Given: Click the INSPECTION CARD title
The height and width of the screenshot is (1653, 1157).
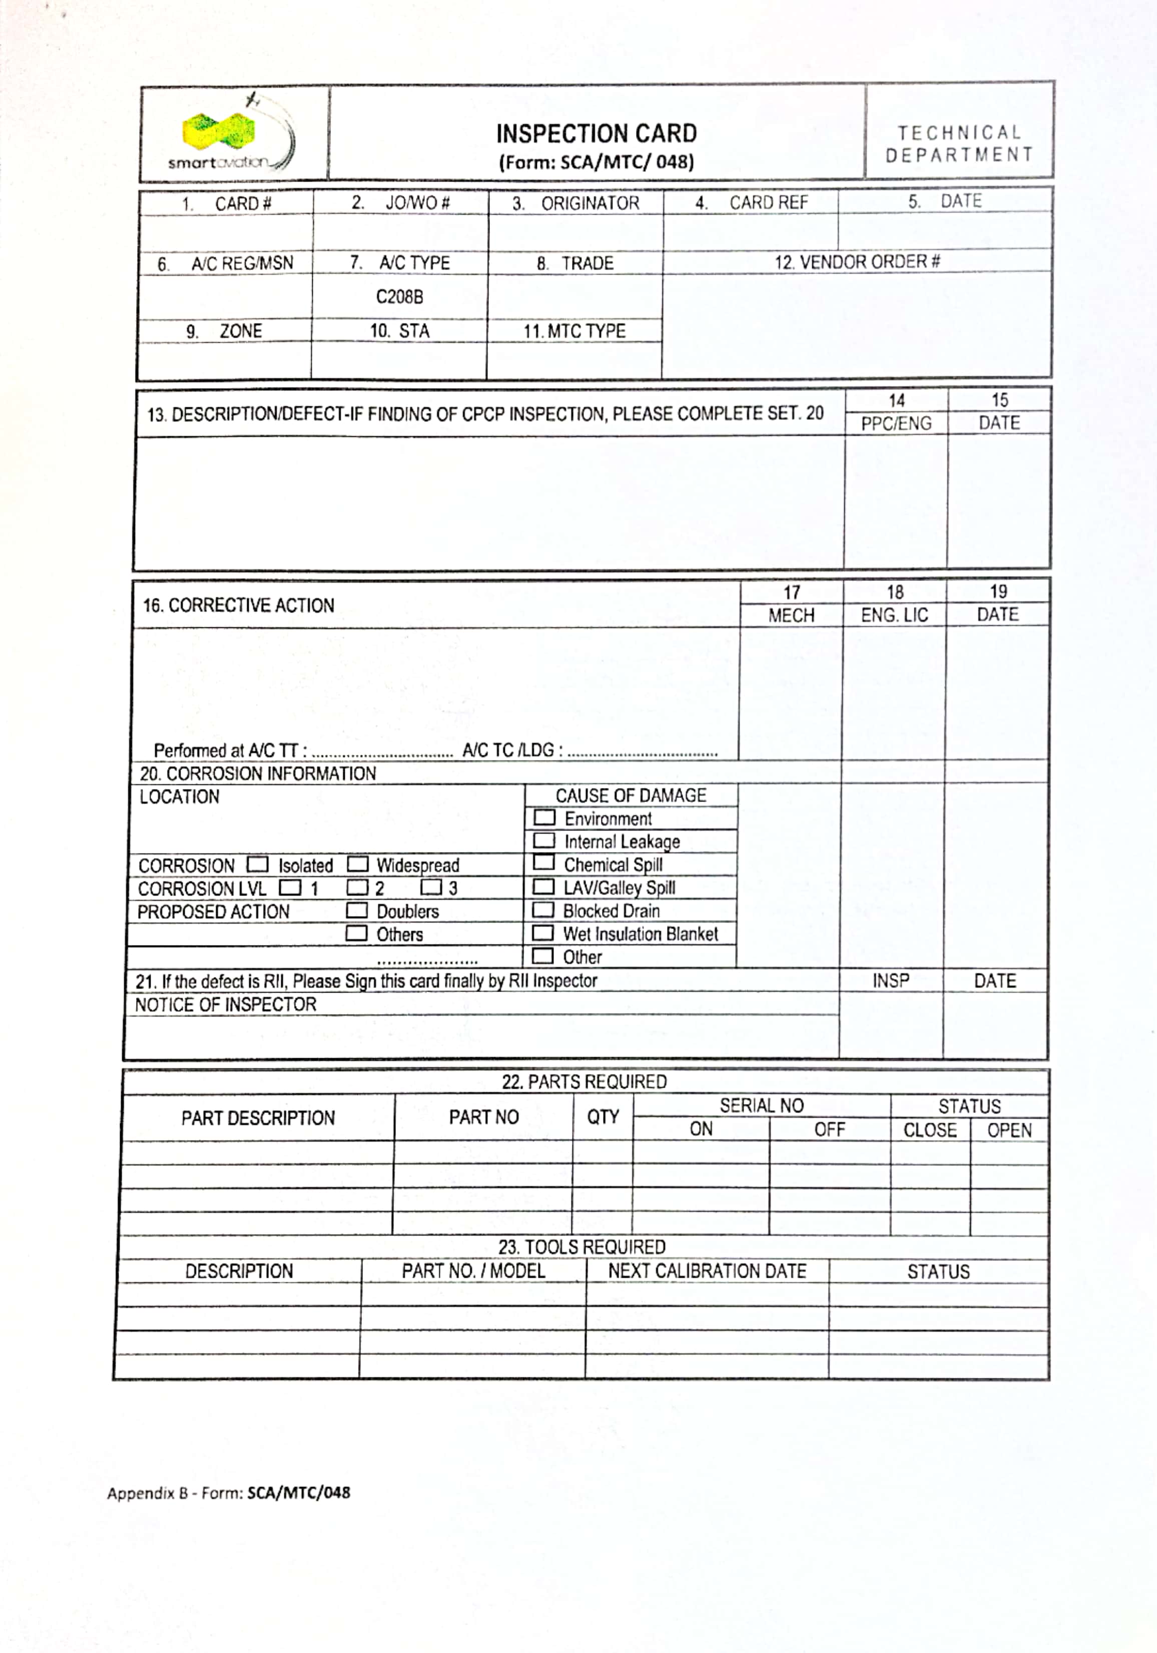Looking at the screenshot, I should (596, 134).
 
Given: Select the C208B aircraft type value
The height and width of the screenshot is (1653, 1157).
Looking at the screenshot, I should (399, 297).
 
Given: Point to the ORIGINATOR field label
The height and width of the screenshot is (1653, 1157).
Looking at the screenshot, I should (590, 204).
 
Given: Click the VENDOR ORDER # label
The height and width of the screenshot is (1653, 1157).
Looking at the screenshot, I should (857, 262).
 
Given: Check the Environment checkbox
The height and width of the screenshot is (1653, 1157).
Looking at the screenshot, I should (544, 818).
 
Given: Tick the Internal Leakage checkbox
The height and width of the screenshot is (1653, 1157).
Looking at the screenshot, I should (544, 841).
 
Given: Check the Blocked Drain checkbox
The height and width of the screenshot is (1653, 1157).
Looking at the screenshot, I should (543, 910).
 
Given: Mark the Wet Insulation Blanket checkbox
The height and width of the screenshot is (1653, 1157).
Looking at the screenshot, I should (543, 933).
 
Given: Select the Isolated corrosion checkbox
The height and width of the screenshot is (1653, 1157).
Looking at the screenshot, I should (257, 864).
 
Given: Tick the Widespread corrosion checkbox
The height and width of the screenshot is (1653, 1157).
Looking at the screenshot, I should (358, 864).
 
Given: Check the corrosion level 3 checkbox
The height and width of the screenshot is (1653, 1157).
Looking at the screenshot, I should (431, 887).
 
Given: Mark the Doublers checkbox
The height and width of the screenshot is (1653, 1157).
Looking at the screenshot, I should (356, 910).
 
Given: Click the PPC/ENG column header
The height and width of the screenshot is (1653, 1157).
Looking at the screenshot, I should (896, 423).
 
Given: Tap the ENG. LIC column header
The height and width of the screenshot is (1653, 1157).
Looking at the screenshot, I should (894, 615).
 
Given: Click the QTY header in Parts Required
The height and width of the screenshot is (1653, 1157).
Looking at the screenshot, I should (603, 1117).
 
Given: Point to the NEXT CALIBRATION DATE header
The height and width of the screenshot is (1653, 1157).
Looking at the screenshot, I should (707, 1271).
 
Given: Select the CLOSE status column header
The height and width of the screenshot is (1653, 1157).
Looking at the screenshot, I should (929, 1130).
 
